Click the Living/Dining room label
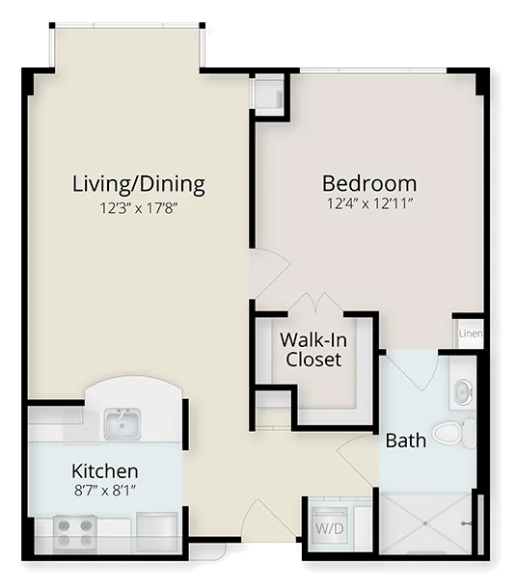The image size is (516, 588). (139, 184)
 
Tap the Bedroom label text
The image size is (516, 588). (369, 183)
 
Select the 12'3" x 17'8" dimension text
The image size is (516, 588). (138, 208)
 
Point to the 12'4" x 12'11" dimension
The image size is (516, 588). (369, 203)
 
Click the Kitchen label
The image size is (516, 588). (105, 471)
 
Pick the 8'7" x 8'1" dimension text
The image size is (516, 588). (105, 490)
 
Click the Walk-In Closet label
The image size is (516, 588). (313, 350)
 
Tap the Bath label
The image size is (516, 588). (406, 441)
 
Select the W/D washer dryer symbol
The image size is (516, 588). (330, 528)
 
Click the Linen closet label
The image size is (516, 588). (471, 334)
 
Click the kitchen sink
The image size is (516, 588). (122, 424)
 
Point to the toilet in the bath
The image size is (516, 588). (453, 433)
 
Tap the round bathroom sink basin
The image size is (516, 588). (464, 392)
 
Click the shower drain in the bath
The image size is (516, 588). (425, 523)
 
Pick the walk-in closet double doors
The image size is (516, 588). (315, 302)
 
